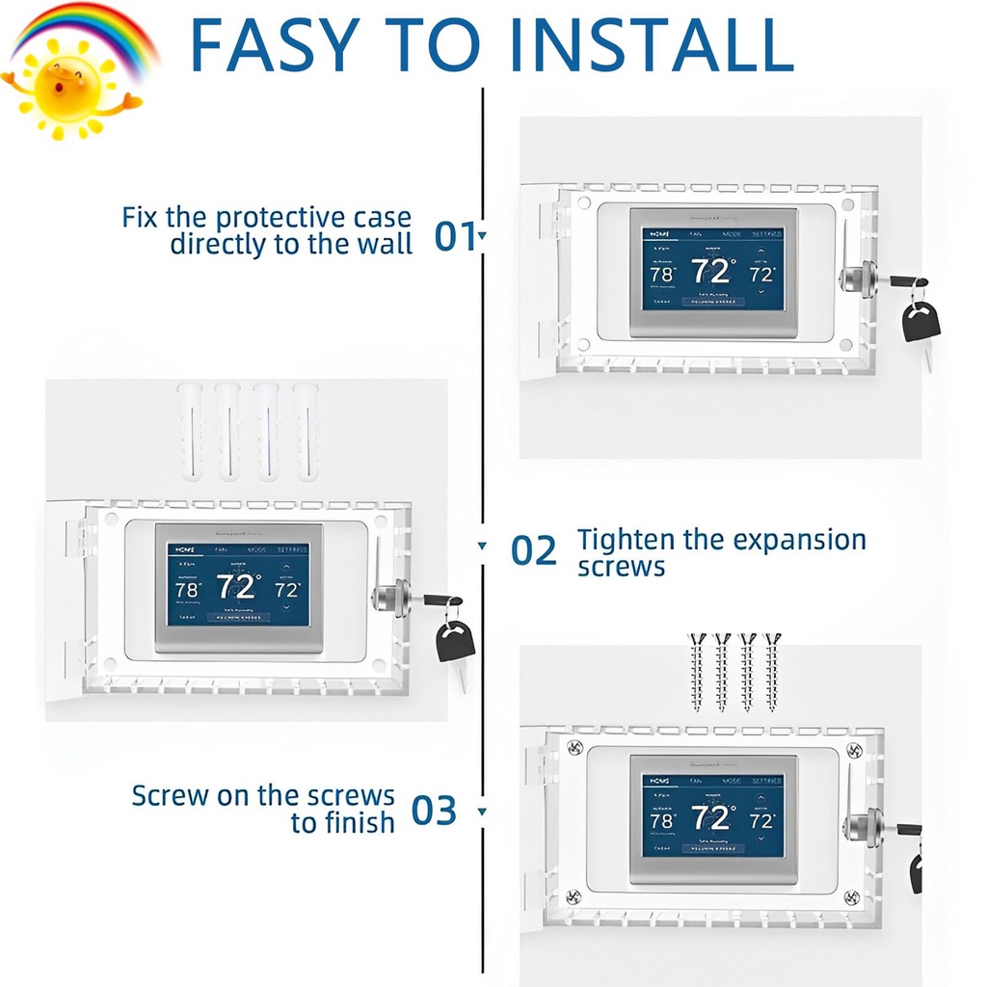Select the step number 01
(455, 235)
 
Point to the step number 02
(533, 551)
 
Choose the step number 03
(434, 811)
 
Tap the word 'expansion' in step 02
(799, 540)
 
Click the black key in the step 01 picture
(920, 321)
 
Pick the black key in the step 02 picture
(455, 641)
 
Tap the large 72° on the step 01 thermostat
(711, 272)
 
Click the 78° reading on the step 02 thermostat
(188, 589)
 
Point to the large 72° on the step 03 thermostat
(711, 818)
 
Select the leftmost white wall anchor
(190, 431)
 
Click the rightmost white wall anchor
(307, 431)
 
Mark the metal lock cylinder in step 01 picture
(856, 279)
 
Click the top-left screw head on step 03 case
(574, 747)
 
